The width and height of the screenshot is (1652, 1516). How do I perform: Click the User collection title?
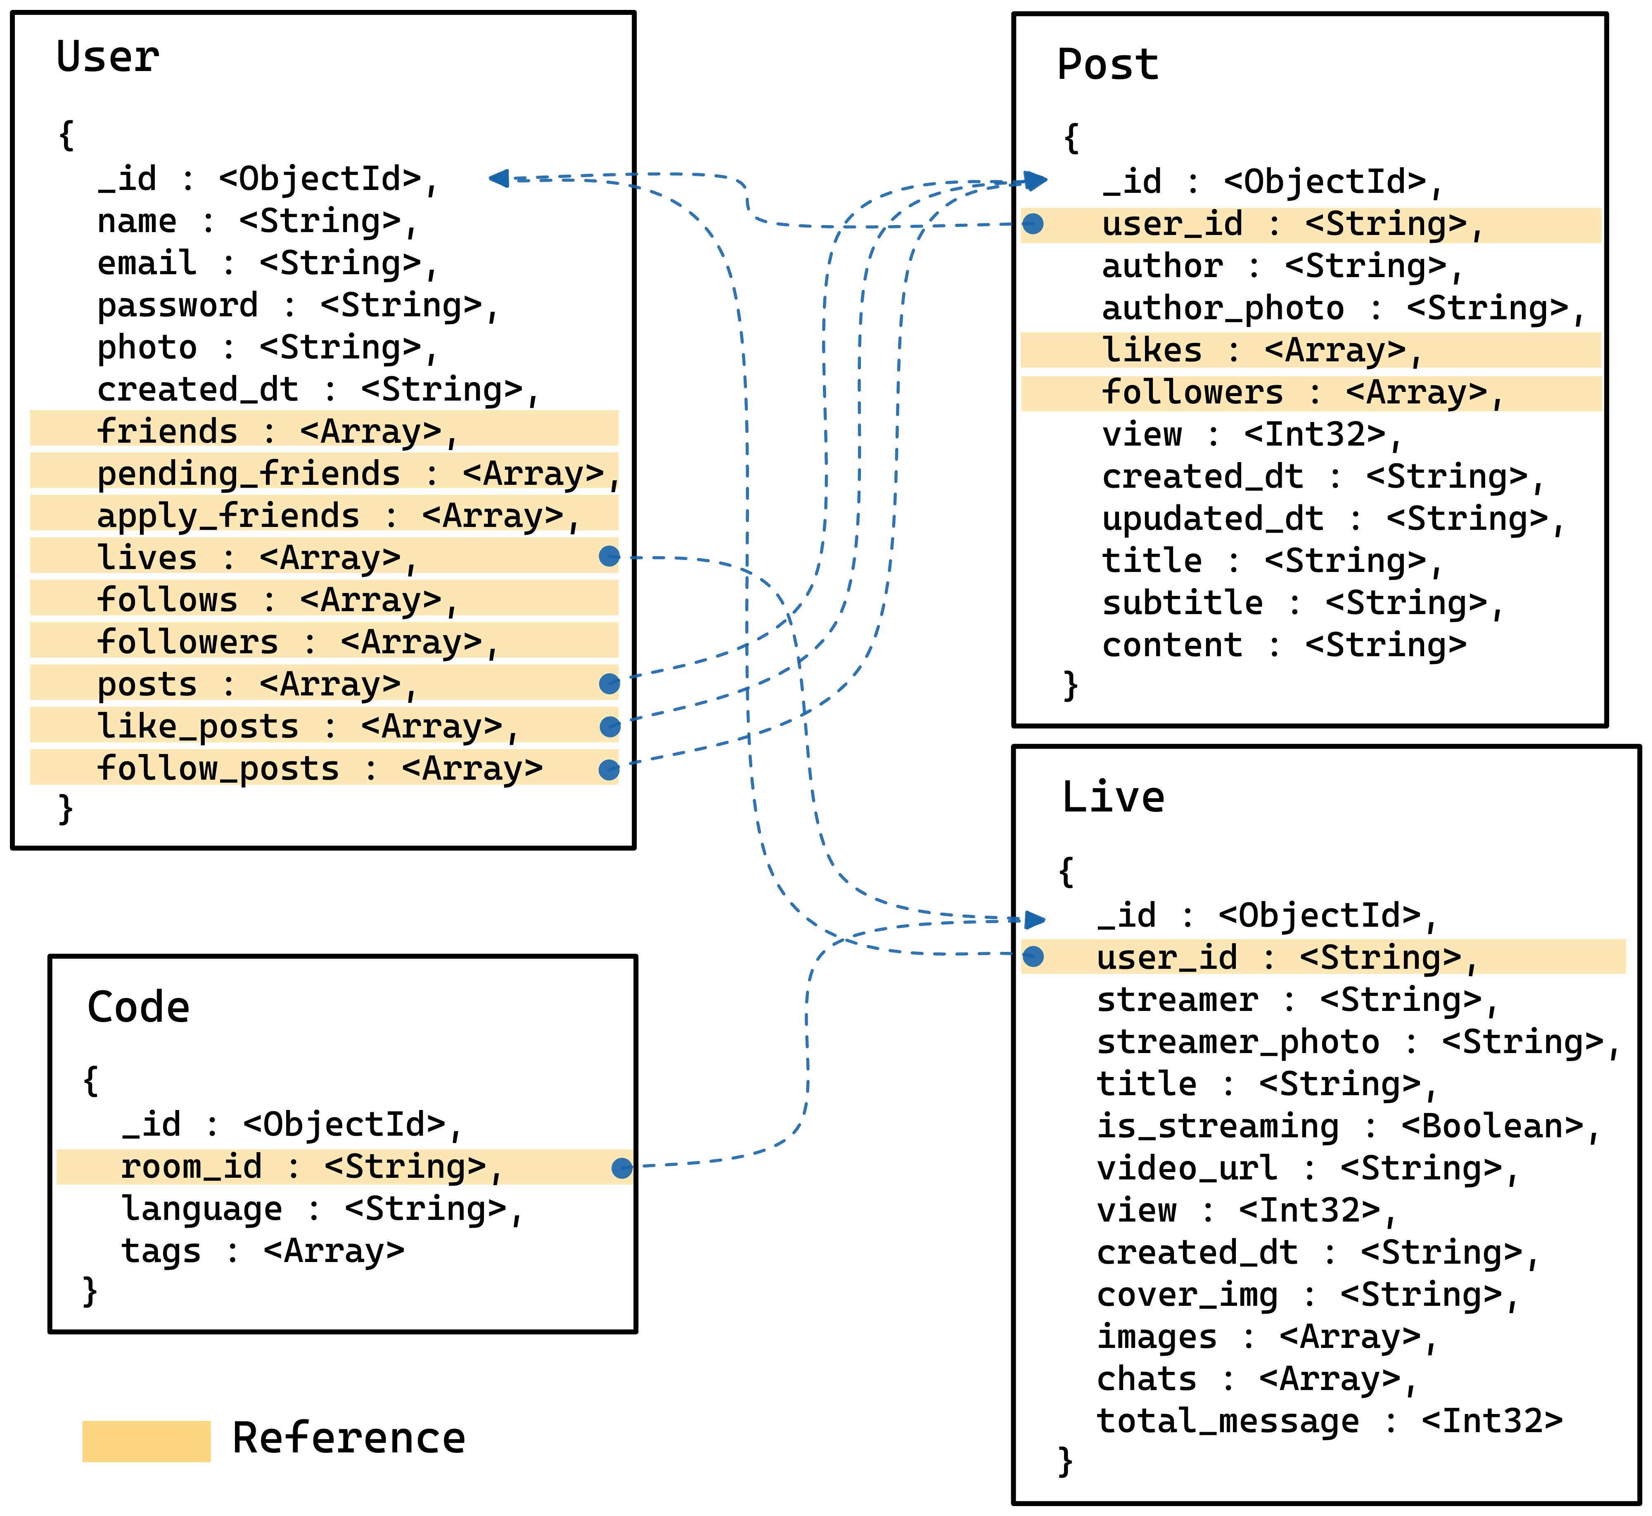click(x=107, y=57)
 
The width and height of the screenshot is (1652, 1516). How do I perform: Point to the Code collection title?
click(x=138, y=1007)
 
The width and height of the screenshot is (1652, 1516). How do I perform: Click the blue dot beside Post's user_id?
click(x=1033, y=224)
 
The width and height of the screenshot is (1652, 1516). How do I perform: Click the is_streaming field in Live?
click(x=1217, y=1126)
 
